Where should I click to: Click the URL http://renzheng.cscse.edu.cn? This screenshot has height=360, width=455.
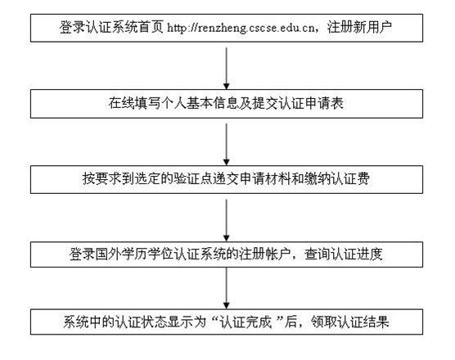241,28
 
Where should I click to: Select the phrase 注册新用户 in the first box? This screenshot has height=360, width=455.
359,27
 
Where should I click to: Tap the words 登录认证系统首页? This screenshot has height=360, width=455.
112,27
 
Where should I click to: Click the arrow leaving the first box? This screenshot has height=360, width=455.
227,69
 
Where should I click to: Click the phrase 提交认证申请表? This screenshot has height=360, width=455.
298,103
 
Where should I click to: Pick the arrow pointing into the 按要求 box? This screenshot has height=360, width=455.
227,145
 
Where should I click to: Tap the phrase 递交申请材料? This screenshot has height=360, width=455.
251,178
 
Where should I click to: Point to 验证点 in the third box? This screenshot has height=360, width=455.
193,178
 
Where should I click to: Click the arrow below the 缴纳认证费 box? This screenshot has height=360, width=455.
227,220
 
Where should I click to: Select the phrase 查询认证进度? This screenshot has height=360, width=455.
344,254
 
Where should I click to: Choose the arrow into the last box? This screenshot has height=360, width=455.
227,288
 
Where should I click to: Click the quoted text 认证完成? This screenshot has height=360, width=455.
246,322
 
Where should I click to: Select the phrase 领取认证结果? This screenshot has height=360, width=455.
350,322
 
